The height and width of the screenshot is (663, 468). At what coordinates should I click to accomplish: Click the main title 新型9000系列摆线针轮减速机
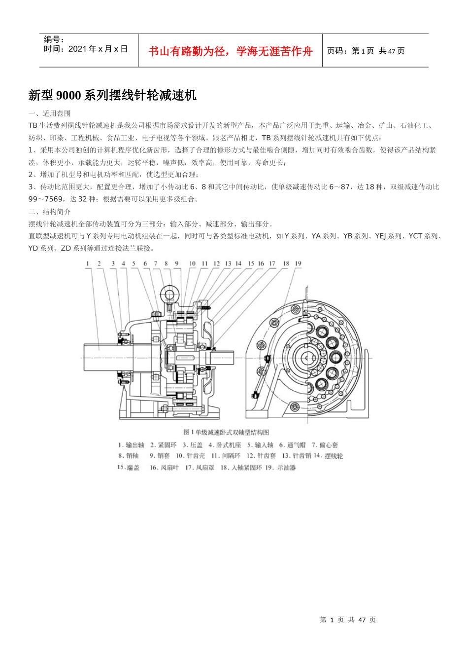[x=112, y=95]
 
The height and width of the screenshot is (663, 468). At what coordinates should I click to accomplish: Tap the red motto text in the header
[x=230, y=51]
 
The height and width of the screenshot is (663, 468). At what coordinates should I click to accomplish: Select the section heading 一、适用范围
[x=49, y=113]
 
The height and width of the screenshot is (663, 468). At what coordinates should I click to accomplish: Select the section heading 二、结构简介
[x=49, y=212]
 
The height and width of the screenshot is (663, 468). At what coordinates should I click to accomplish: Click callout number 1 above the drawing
[x=88, y=263]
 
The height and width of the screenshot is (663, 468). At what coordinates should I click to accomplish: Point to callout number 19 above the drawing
[x=298, y=263]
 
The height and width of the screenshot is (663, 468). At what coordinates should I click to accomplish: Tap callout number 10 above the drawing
[x=192, y=263]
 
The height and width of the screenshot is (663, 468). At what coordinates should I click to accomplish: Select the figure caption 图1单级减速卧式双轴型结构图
[x=226, y=432]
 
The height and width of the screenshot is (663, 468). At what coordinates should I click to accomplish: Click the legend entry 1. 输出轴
[x=132, y=445]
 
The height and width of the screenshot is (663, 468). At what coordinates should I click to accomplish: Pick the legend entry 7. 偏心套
[x=325, y=445]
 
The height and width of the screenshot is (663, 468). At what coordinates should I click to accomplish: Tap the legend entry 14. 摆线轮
[x=329, y=456]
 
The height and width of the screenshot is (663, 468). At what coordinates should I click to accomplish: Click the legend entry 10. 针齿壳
[x=191, y=456]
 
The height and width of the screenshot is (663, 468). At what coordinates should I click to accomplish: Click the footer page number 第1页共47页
[x=348, y=620]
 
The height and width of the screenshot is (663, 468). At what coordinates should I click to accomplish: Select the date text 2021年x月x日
[x=98, y=49]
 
